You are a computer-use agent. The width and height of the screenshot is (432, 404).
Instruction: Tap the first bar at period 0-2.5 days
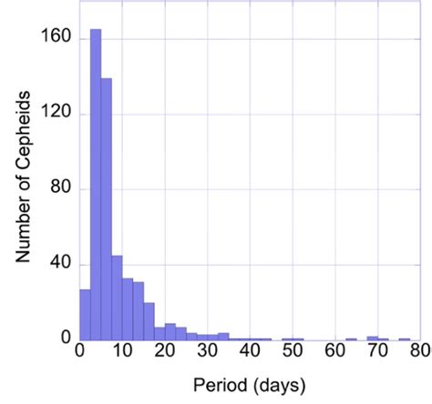tap(85, 315)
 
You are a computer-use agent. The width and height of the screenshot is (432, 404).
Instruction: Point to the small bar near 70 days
tap(373, 338)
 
